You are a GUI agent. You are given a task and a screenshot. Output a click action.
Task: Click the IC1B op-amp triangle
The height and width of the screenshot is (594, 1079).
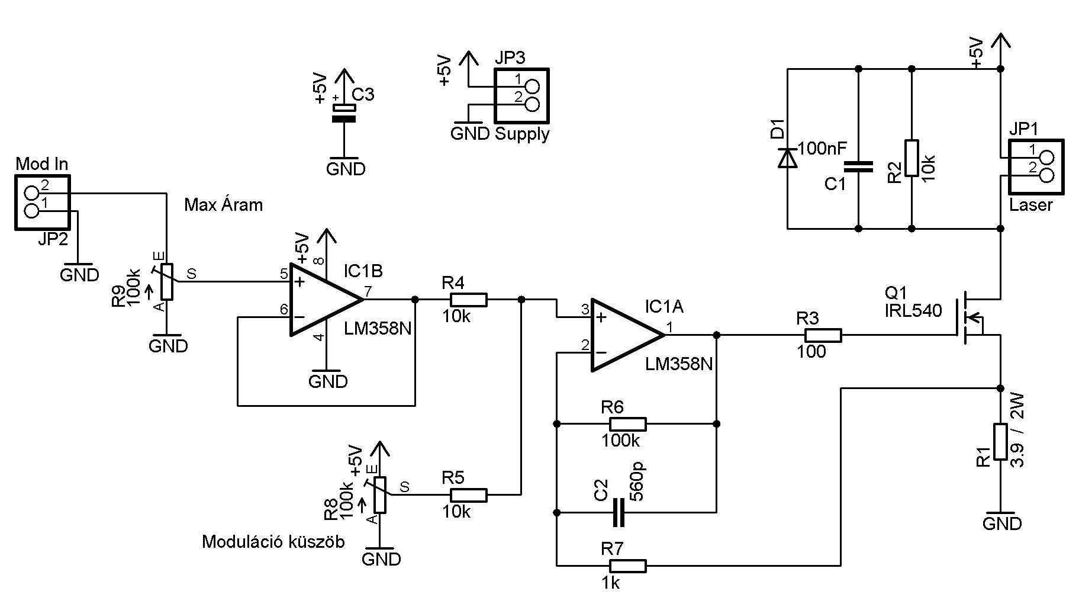tap(323, 300)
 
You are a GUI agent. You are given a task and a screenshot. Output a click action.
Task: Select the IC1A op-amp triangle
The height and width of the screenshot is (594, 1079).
tap(624, 335)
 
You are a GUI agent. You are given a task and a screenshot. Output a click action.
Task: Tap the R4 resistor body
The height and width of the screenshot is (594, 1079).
tap(468, 300)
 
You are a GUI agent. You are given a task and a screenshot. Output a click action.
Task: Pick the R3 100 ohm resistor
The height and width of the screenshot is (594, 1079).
tap(823, 335)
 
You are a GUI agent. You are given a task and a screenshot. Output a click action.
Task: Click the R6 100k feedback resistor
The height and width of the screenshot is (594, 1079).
tap(627, 424)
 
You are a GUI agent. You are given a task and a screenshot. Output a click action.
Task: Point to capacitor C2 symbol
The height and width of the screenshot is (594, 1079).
tap(619, 512)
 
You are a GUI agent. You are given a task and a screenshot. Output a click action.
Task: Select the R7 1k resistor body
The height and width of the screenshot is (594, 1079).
tap(627, 566)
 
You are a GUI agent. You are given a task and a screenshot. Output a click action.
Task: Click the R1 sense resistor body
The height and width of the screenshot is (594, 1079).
tap(1000, 441)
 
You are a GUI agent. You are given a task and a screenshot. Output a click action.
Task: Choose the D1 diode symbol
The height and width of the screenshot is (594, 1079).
tap(787, 158)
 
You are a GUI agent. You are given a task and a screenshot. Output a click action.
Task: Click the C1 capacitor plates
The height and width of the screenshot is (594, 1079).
tap(858, 166)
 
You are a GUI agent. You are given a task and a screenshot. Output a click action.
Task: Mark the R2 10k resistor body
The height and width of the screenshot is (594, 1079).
tap(911, 158)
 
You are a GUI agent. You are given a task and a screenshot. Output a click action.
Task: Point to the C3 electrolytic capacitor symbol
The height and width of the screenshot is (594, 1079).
tap(344, 113)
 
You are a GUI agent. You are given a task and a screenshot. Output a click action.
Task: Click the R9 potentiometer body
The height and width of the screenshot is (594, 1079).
tap(168, 281)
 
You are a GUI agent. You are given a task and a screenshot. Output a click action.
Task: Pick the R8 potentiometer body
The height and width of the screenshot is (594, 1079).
tap(381, 495)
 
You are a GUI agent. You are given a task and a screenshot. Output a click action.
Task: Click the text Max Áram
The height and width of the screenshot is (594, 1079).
tap(223, 205)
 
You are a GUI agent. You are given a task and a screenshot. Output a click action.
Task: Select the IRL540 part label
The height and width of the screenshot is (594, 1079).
tap(913, 310)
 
